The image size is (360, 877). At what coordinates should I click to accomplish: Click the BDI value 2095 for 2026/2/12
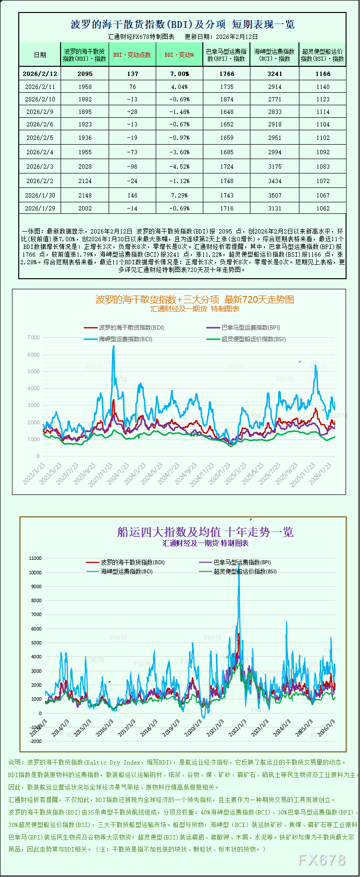point(85,74)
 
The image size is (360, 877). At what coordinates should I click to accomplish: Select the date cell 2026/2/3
point(40,167)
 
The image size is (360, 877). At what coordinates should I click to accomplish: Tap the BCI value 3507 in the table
point(275,196)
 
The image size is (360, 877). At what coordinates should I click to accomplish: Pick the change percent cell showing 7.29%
point(179,196)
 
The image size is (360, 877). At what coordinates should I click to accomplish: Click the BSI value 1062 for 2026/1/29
point(323,209)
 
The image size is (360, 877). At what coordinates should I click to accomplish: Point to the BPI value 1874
point(227,99)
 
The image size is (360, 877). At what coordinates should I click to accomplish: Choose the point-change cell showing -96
point(132,167)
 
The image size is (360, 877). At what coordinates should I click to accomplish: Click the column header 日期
point(40,55)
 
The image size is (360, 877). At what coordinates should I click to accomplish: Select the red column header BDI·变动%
point(179,55)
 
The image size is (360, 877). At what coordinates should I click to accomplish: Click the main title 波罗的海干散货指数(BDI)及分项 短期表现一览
point(183,25)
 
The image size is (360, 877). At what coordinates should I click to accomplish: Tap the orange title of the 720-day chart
point(195,299)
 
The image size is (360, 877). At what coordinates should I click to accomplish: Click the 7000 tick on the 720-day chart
point(34,337)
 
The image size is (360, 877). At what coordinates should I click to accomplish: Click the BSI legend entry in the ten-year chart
point(245,572)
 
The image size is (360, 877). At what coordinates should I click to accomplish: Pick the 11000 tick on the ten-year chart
point(35,558)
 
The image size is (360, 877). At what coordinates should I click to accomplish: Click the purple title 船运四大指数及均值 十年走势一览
point(205,532)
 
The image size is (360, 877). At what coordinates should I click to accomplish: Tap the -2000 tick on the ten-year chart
point(35,741)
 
